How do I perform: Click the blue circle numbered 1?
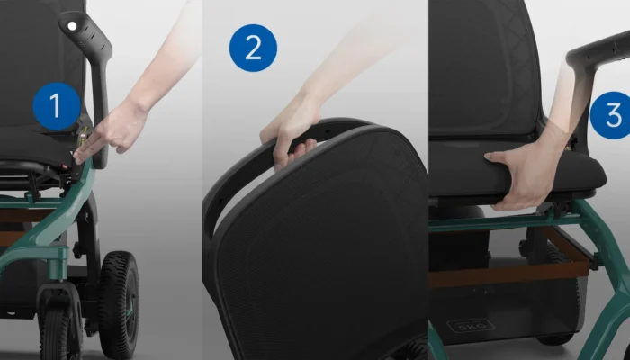[57, 106]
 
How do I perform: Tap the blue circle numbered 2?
[253, 48]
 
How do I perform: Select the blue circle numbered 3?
[611, 115]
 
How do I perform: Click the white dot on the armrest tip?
[72, 26]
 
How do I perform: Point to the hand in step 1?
[112, 131]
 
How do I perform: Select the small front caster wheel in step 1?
[56, 330]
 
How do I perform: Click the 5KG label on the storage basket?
[470, 326]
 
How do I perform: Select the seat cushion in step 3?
[518, 169]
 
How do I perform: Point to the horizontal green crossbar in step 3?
[506, 223]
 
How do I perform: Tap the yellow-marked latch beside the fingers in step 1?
[83, 138]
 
